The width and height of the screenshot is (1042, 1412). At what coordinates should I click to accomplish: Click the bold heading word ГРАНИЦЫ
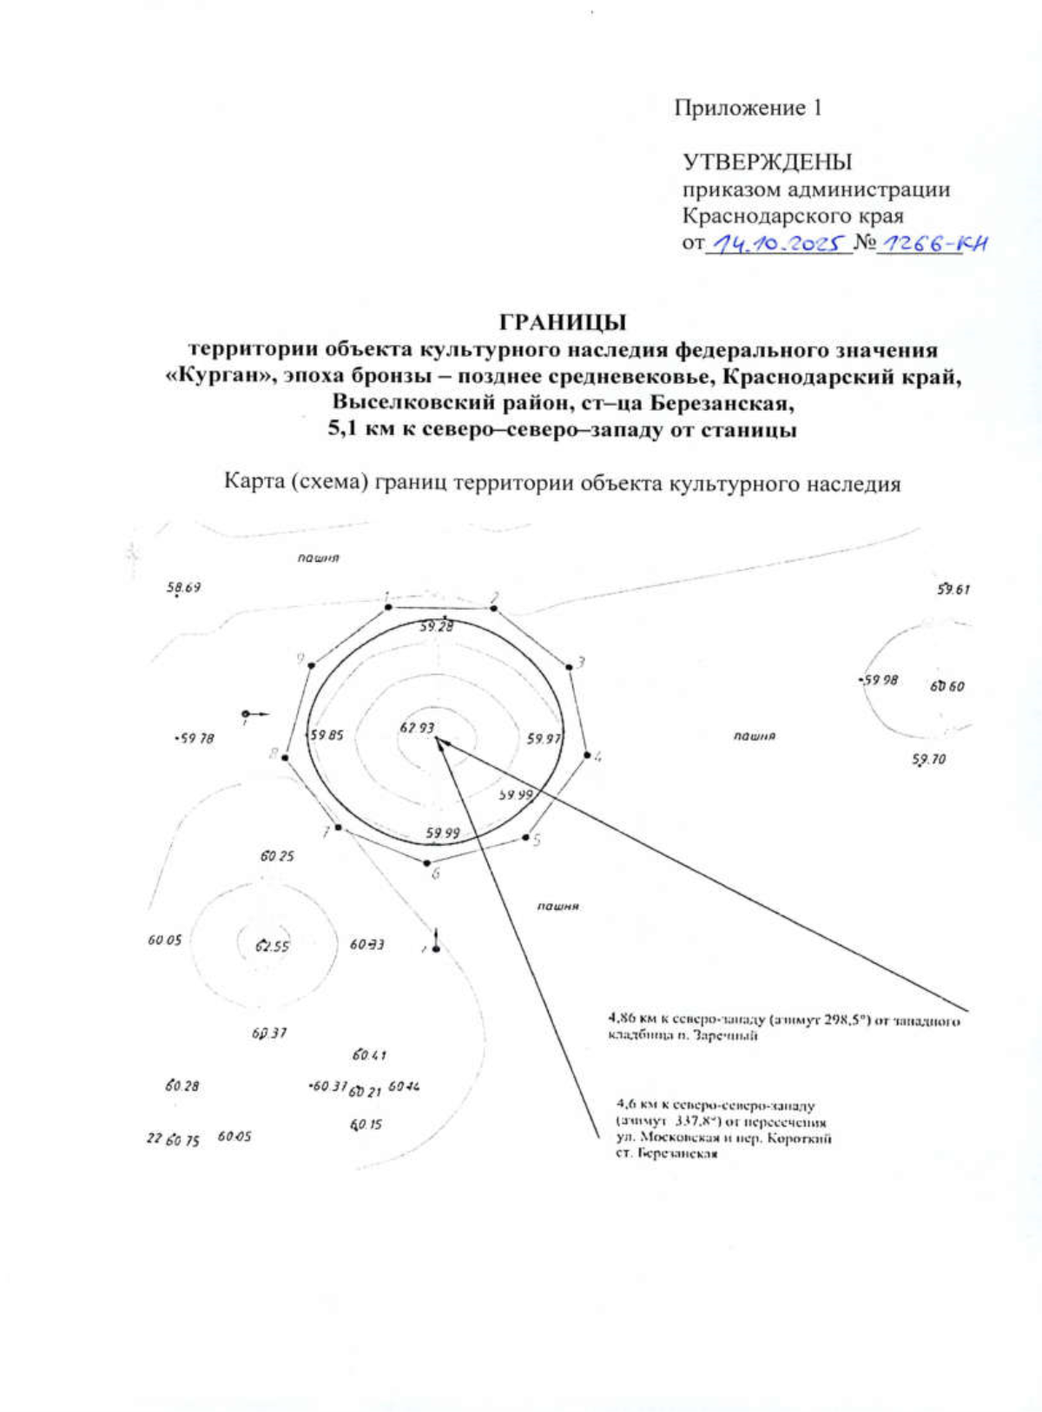click(563, 322)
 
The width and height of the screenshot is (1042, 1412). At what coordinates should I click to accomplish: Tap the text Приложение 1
click(749, 108)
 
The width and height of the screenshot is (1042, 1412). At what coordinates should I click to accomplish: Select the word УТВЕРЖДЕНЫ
click(767, 162)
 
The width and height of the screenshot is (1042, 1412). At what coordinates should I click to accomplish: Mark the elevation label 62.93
click(417, 728)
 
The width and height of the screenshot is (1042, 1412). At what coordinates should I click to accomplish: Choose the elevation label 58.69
click(184, 588)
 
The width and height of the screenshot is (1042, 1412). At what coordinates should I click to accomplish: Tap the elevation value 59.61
click(953, 590)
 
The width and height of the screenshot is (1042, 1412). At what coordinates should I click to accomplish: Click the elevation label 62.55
click(273, 946)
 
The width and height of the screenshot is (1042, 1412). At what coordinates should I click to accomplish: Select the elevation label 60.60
click(946, 686)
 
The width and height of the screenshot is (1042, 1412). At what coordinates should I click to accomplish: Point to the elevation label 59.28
click(436, 625)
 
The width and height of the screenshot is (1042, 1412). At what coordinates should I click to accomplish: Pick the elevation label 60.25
click(277, 856)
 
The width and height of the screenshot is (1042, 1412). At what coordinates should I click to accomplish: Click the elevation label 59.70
click(928, 760)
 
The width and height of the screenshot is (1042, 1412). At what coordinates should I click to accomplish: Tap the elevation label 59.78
click(195, 738)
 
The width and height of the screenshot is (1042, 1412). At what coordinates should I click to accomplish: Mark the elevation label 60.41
click(369, 1055)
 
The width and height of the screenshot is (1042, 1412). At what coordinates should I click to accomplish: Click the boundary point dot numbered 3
click(570, 667)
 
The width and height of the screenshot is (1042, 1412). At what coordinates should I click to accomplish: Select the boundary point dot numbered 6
click(426, 862)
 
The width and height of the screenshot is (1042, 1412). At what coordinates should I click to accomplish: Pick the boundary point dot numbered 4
click(587, 755)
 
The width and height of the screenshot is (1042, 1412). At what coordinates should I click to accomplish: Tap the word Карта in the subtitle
click(254, 481)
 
